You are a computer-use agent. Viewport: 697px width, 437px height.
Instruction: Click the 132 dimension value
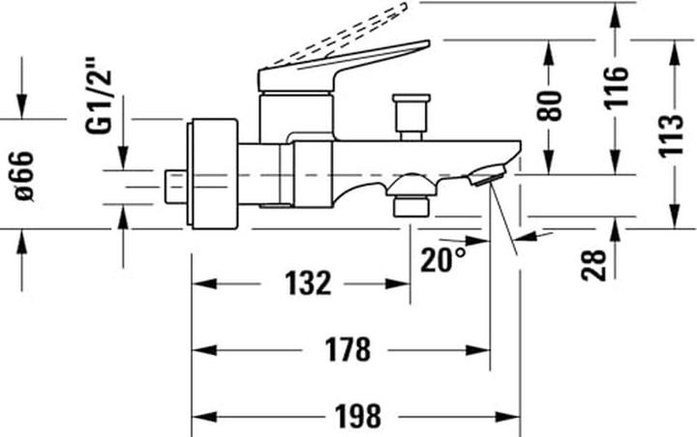(309, 283)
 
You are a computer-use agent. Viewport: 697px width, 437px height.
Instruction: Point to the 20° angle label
(442, 259)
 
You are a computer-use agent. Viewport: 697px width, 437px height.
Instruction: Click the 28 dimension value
(595, 262)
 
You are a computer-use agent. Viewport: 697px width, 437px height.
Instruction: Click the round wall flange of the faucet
(214, 174)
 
